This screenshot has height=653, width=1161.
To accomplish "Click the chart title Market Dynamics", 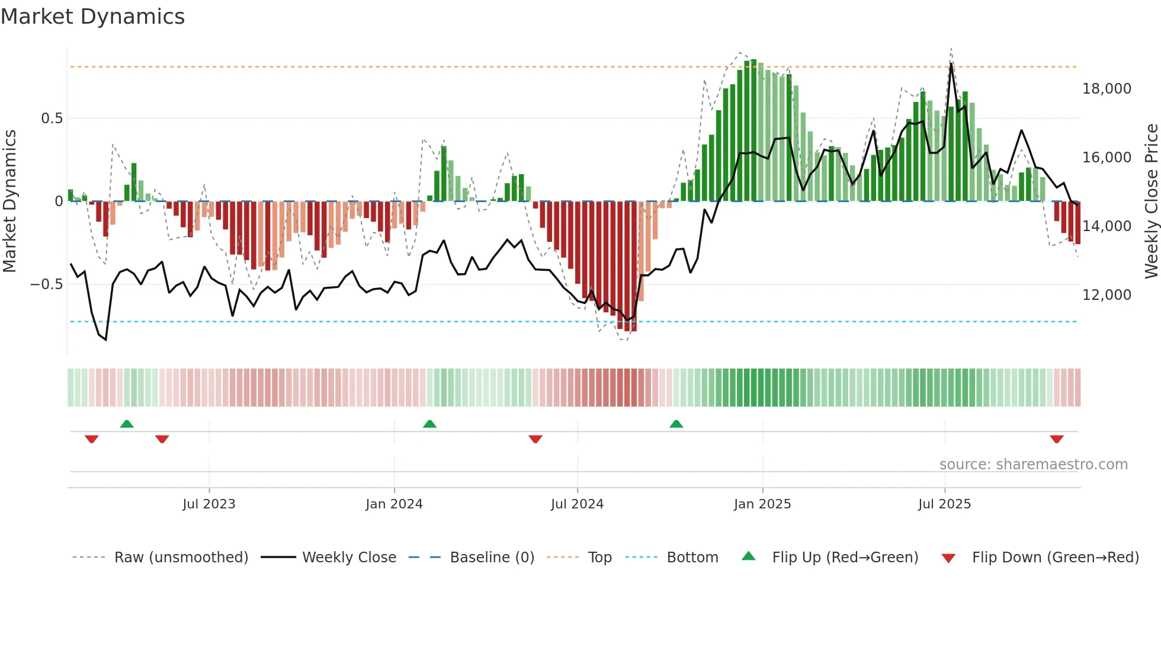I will pyautogui.click(x=92, y=17).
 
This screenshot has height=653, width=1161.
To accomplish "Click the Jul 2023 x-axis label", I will pyautogui.click(x=209, y=504).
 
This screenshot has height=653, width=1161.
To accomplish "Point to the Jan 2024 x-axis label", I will pyautogui.click(x=394, y=504).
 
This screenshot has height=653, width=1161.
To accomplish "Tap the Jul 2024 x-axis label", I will pyautogui.click(x=577, y=504).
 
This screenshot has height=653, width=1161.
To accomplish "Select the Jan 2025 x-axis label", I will pyautogui.click(x=762, y=504).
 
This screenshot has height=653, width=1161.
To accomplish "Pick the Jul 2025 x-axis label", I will pyautogui.click(x=944, y=504).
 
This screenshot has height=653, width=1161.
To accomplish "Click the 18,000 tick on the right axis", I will pyautogui.click(x=1107, y=89).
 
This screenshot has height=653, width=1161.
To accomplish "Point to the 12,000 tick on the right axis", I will pyautogui.click(x=1107, y=295).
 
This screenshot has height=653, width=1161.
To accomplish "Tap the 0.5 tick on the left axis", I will pyautogui.click(x=52, y=119).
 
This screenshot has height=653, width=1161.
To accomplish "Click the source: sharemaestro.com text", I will pyautogui.click(x=1033, y=465).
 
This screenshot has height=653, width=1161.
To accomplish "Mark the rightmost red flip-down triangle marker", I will pyautogui.click(x=1056, y=439).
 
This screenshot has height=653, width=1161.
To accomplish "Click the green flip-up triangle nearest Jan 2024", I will pyautogui.click(x=429, y=424).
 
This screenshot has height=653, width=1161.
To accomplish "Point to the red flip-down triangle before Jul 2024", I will pyautogui.click(x=535, y=439).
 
